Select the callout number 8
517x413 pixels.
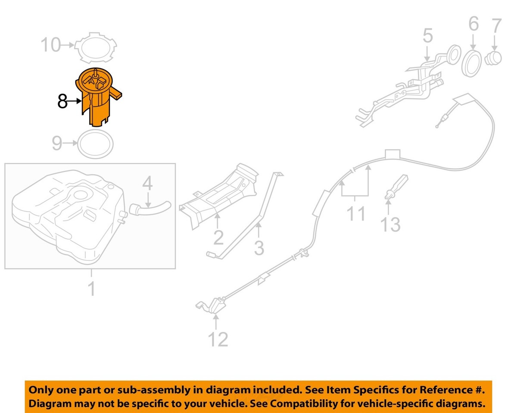[62, 102]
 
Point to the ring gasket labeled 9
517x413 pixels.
[96, 144]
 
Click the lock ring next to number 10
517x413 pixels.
[96, 47]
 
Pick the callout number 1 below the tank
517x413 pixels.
[91, 289]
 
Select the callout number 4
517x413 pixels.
[147, 184]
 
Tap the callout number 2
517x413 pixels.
[218, 238]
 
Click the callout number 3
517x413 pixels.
[258, 248]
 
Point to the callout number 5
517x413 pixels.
[427, 36]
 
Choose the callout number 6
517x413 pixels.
[473, 24]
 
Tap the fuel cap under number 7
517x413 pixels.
[493, 58]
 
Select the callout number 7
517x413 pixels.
[496, 26]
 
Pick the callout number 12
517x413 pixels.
[218, 340]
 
